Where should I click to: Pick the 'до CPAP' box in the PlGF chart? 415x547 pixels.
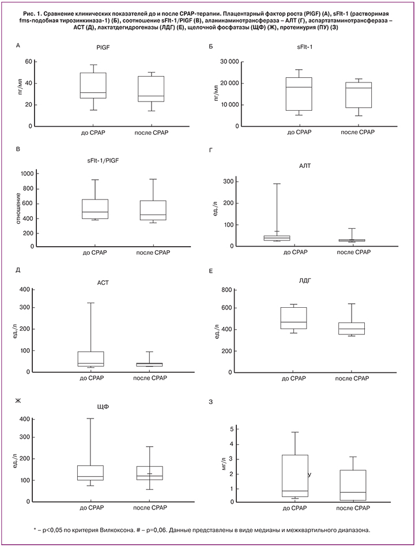click(x=93, y=85)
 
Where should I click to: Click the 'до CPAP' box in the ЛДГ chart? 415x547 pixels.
click(x=293, y=318)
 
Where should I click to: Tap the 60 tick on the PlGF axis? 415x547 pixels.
click(x=27, y=62)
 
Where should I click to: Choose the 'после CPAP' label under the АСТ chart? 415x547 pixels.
click(x=150, y=378)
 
